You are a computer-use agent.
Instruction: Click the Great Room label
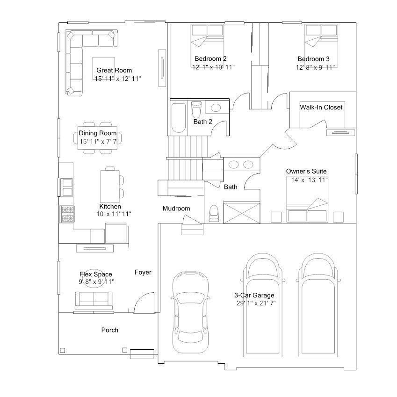click(114, 70)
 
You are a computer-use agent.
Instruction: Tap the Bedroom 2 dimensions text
click(213, 67)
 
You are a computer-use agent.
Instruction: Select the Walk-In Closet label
click(321, 107)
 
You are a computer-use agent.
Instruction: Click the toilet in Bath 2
click(196, 108)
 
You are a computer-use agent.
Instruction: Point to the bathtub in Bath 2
click(179, 118)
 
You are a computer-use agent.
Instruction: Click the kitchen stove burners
click(68, 214)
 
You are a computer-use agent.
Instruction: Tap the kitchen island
click(110, 187)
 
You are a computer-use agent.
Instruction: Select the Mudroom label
click(176, 209)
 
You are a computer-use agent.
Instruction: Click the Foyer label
click(143, 272)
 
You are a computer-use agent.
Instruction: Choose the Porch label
click(109, 330)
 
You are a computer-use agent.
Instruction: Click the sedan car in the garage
click(190, 310)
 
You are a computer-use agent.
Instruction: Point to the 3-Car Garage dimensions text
click(256, 303)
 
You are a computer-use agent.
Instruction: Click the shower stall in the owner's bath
click(242, 212)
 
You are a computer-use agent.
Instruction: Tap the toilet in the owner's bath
click(214, 213)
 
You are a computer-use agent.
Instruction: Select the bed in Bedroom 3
click(321, 45)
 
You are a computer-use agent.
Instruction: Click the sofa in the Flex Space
click(94, 301)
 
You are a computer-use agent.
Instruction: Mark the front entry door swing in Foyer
click(144, 303)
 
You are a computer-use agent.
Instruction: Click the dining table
click(97, 138)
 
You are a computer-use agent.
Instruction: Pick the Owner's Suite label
click(306, 171)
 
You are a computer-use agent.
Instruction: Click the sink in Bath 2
click(215, 108)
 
